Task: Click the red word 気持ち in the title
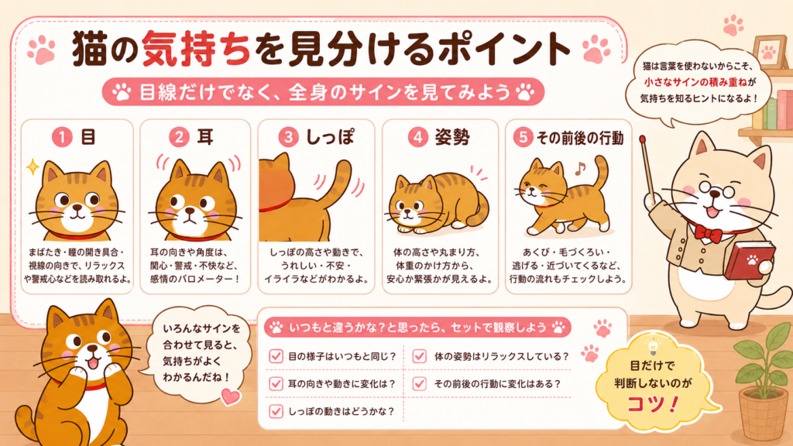tap(196, 49)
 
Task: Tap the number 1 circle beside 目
tap(62, 137)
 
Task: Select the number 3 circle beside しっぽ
tap(288, 137)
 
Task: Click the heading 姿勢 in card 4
tap(452, 137)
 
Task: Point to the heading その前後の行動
tap(579, 138)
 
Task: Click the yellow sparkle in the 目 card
tap(33, 166)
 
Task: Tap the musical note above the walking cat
tap(580, 168)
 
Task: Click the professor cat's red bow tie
tap(708, 233)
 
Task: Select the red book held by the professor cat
tap(750, 260)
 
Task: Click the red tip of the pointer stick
tap(642, 139)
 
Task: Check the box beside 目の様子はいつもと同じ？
tap(276, 356)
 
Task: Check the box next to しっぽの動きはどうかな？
tap(276, 411)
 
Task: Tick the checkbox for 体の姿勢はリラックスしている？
tap(419, 356)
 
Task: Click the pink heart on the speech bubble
tap(231, 396)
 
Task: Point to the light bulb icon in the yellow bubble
tap(653, 347)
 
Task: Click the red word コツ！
tap(652, 404)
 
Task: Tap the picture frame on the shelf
tap(769, 53)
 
